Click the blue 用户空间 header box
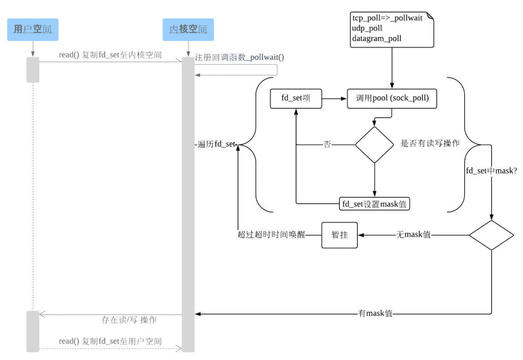pos(33,30)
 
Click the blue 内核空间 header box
pos(188,30)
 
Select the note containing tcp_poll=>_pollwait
pos(392,29)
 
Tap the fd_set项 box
pos(296,99)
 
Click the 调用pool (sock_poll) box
pos(392,99)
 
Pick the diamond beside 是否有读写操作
pos(374,145)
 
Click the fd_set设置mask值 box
pos(374,204)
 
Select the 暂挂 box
pos(339,235)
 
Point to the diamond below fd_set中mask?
pos(491,235)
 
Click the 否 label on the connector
pos(327,145)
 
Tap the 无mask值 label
pos(413,235)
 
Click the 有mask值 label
pos(375,314)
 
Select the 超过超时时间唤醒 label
pos(271,235)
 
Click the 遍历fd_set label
pos(216,145)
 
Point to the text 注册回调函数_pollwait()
pos(239,58)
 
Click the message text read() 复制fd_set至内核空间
pos(110,55)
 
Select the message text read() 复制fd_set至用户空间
pos(110,342)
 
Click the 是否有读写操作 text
pos(430,143)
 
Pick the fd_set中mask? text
pos(491,170)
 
